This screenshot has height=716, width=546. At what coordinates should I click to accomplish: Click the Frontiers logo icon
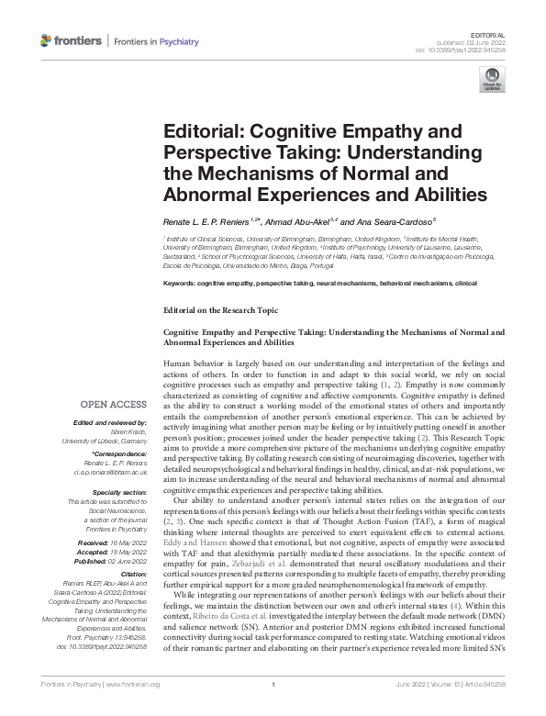[x=47, y=40]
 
